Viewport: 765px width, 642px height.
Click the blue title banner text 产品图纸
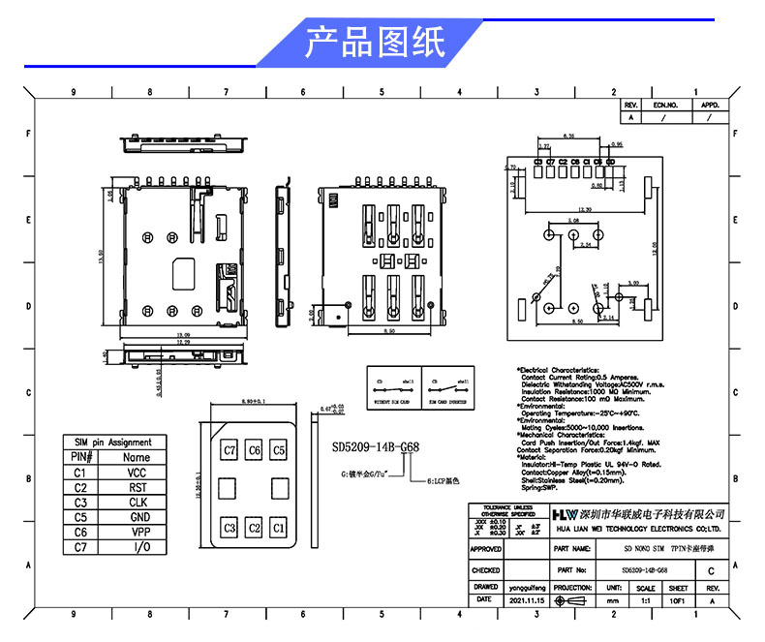pos(375,42)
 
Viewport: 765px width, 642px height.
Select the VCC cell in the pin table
pos(137,472)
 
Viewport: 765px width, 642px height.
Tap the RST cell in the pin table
pos(137,487)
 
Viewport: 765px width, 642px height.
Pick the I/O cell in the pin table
pos(137,547)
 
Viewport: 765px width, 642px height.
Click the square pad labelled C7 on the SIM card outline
pos(229,450)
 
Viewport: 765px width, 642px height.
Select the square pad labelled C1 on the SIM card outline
pos(278,528)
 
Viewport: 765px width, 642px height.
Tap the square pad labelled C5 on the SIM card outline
pos(278,450)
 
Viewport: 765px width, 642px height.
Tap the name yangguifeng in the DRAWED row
pos(527,587)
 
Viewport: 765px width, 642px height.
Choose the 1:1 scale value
pos(645,600)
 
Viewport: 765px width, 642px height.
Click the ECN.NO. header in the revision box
pos(665,104)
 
